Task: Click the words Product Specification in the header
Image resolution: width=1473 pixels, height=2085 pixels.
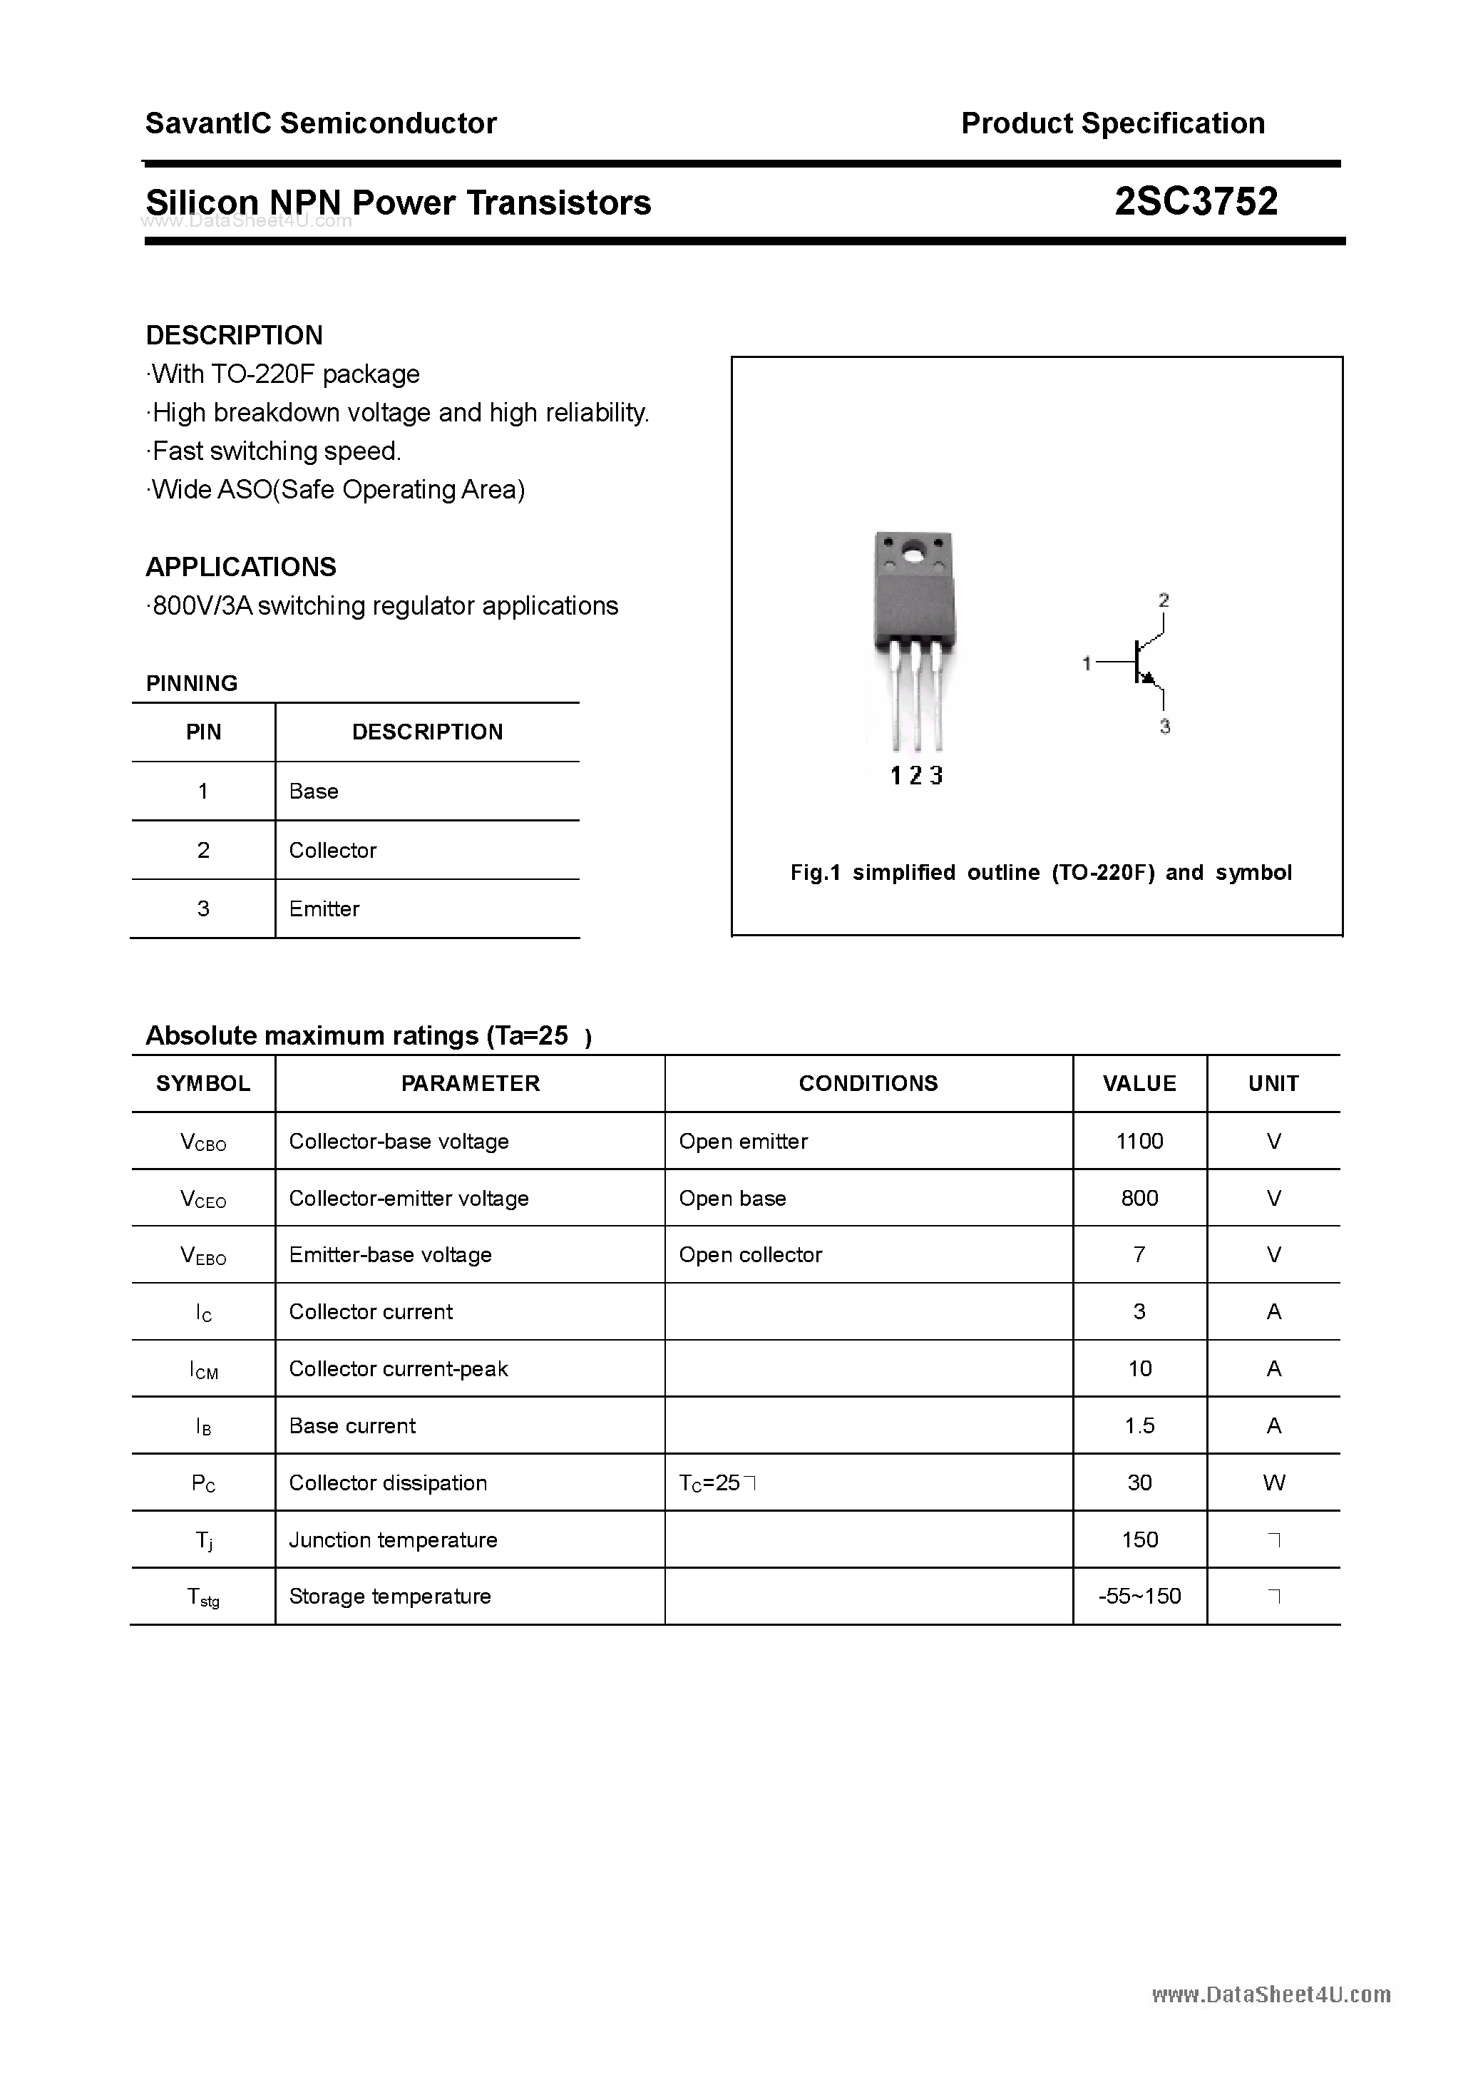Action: (1112, 123)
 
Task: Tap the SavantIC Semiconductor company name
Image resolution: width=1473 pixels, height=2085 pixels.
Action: (321, 123)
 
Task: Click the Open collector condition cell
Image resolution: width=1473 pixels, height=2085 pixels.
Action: (750, 1254)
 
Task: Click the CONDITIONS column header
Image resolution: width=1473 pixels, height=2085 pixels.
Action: (868, 1082)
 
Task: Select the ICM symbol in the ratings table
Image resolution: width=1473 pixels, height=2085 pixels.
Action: (203, 1369)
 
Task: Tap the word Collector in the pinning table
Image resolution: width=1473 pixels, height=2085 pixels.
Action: (332, 850)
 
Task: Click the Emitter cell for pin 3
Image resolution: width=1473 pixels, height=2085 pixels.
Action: (324, 908)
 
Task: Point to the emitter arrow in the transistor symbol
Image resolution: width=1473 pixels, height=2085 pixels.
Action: (1149, 677)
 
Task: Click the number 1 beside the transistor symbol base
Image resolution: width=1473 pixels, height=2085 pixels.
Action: (1086, 664)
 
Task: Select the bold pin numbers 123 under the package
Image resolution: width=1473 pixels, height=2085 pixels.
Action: (916, 776)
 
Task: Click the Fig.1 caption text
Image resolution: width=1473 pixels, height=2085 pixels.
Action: (1041, 872)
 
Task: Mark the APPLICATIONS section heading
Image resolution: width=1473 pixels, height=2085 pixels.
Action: (241, 567)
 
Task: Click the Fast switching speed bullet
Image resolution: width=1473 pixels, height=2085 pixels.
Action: (275, 451)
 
